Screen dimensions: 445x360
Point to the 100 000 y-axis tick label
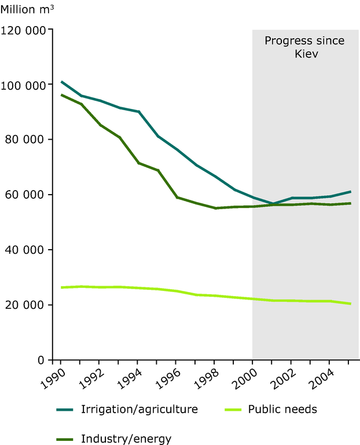(x=24, y=85)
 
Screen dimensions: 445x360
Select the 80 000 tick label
(x=27, y=140)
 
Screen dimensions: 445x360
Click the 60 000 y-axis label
(x=27, y=195)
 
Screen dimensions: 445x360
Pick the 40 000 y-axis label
(x=27, y=250)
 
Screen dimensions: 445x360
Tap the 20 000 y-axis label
(x=27, y=305)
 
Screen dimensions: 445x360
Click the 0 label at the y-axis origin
(x=42, y=360)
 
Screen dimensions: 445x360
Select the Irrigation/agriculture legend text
(x=139, y=409)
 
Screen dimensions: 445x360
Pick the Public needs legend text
(x=282, y=409)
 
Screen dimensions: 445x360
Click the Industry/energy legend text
(x=126, y=438)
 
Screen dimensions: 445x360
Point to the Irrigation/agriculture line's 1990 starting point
(x=61, y=82)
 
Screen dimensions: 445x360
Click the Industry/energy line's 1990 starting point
(x=61, y=94)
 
